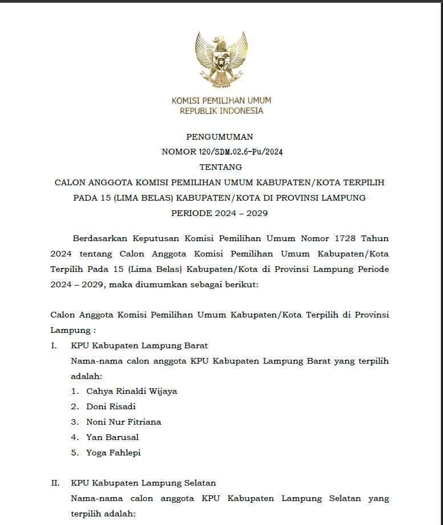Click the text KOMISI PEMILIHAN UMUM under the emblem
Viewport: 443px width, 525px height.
pos(221,101)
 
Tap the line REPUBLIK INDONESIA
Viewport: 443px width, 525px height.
pos(221,111)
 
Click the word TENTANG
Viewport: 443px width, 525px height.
pos(221,168)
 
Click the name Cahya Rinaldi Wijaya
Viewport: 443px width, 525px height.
pos(132,392)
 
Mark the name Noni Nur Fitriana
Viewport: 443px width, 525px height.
pos(123,422)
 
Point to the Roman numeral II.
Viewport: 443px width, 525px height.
pos(55,483)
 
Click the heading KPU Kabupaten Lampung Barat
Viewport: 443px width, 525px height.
pos(139,345)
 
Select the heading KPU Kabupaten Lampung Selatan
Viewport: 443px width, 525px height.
pos(143,483)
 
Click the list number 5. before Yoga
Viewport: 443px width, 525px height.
pos(75,453)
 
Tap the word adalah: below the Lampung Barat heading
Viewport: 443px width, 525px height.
pos(86,376)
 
